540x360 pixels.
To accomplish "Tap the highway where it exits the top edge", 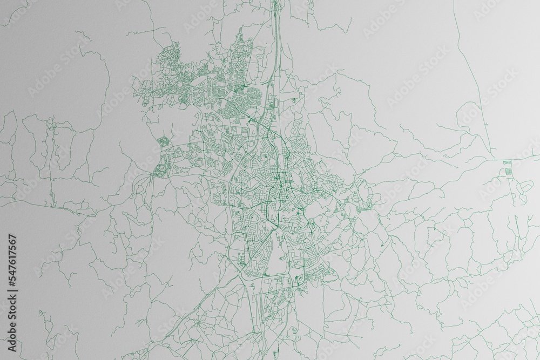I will [x=275, y=3].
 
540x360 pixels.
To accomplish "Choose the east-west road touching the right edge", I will [x=526, y=159].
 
